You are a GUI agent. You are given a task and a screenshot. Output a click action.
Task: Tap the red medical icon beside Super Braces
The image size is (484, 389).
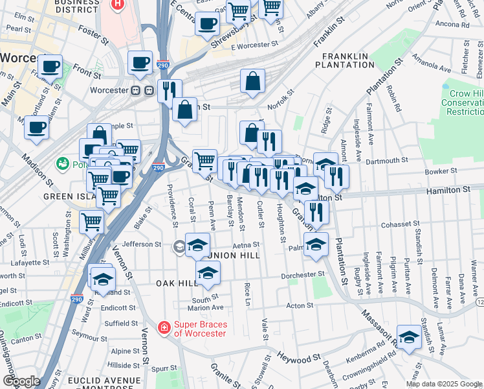pyautogui.click(x=165, y=329)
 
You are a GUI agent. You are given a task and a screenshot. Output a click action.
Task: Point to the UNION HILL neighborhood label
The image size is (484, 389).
pyautogui.click(x=235, y=256)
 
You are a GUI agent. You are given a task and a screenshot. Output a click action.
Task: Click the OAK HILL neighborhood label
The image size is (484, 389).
pyautogui.click(x=176, y=284)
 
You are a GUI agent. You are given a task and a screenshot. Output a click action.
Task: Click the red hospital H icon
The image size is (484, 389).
pyautogui.click(x=117, y=4)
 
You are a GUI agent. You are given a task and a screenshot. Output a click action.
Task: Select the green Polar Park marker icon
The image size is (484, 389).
pyautogui.click(x=63, y=163)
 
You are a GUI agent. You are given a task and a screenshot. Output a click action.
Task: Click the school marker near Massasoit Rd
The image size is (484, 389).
pyautogui.click(x=409, y=337)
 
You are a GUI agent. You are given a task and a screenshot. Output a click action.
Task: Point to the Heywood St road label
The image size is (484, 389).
pyautogui.click(x=299, y=357)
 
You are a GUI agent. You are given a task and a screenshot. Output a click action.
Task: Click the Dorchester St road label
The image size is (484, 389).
pyautogui.click(x=306, y=276)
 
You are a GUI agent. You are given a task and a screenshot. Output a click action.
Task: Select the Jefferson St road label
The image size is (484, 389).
pyautogui.click(x=141, y=244)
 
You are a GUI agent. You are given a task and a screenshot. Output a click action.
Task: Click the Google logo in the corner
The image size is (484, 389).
pyautogui.click(x=21, y=381)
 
